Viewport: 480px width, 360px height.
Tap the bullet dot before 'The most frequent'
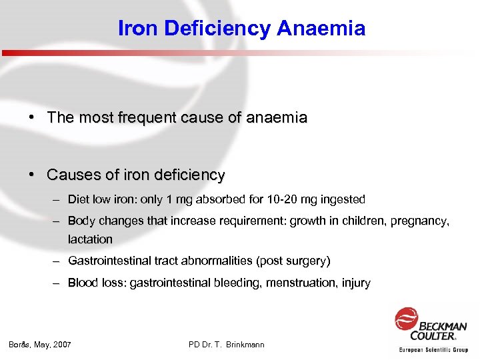[31, 118]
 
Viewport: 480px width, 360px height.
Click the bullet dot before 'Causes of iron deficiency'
[31, 175]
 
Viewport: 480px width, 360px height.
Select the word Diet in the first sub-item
[78, 199]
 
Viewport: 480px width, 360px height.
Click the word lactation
[90, 239]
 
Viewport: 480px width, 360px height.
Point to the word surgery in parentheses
[307, 261]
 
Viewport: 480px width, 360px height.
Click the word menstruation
[303, 283]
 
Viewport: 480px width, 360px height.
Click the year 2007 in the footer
[61, 345]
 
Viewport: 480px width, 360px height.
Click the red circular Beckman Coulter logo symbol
[406, 319]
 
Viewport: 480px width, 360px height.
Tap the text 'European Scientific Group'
[433, 349]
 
